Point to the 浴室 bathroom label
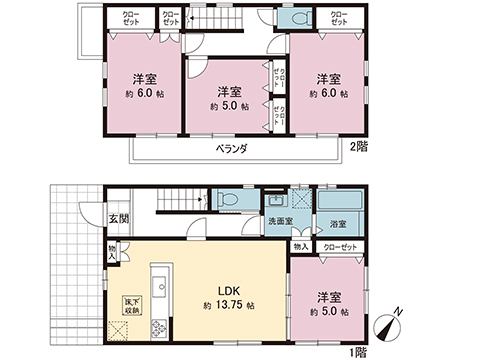[337, 224]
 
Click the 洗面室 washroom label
[280, 222]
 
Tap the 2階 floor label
[358, 147]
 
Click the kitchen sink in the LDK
[161, 278]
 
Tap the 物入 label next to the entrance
[112, 251]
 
